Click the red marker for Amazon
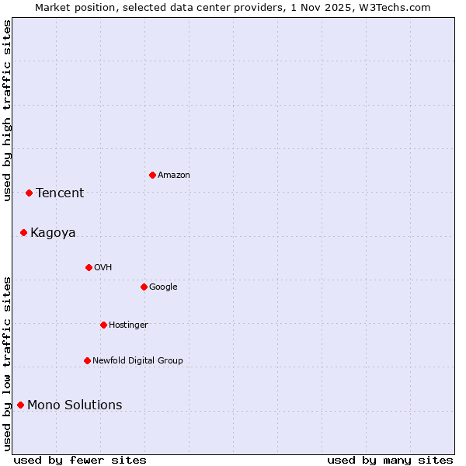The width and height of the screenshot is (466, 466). (x=152, y=175)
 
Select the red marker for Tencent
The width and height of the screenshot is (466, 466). (x=29, y=193)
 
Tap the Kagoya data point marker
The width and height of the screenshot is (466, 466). (x=23, y=232)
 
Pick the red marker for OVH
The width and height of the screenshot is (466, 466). (x=89, y=267)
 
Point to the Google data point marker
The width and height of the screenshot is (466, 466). (x=144, y=287)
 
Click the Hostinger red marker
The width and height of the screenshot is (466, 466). (x=103, y=325)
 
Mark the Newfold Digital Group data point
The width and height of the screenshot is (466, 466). (x=87, y=360)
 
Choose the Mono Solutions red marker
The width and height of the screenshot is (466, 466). (x=20, y=405)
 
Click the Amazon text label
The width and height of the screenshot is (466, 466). (x=174, y=176)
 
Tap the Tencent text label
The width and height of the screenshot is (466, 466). (x=60, y=193)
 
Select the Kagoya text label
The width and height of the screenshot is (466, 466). (x=53, y=233)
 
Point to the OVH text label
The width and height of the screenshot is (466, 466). (x=103, y=268)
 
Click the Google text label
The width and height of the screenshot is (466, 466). (x=163, y=287)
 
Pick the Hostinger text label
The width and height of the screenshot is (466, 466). (x=128, y=325)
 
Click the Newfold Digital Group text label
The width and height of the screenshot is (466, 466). (x=137, y=361)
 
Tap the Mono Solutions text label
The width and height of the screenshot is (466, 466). (x=75, y=405)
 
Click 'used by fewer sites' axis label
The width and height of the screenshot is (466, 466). (x=80, y=460)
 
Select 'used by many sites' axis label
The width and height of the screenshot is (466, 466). (x=390, y=460)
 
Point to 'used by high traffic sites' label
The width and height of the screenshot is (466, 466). (x=7, y=110)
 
